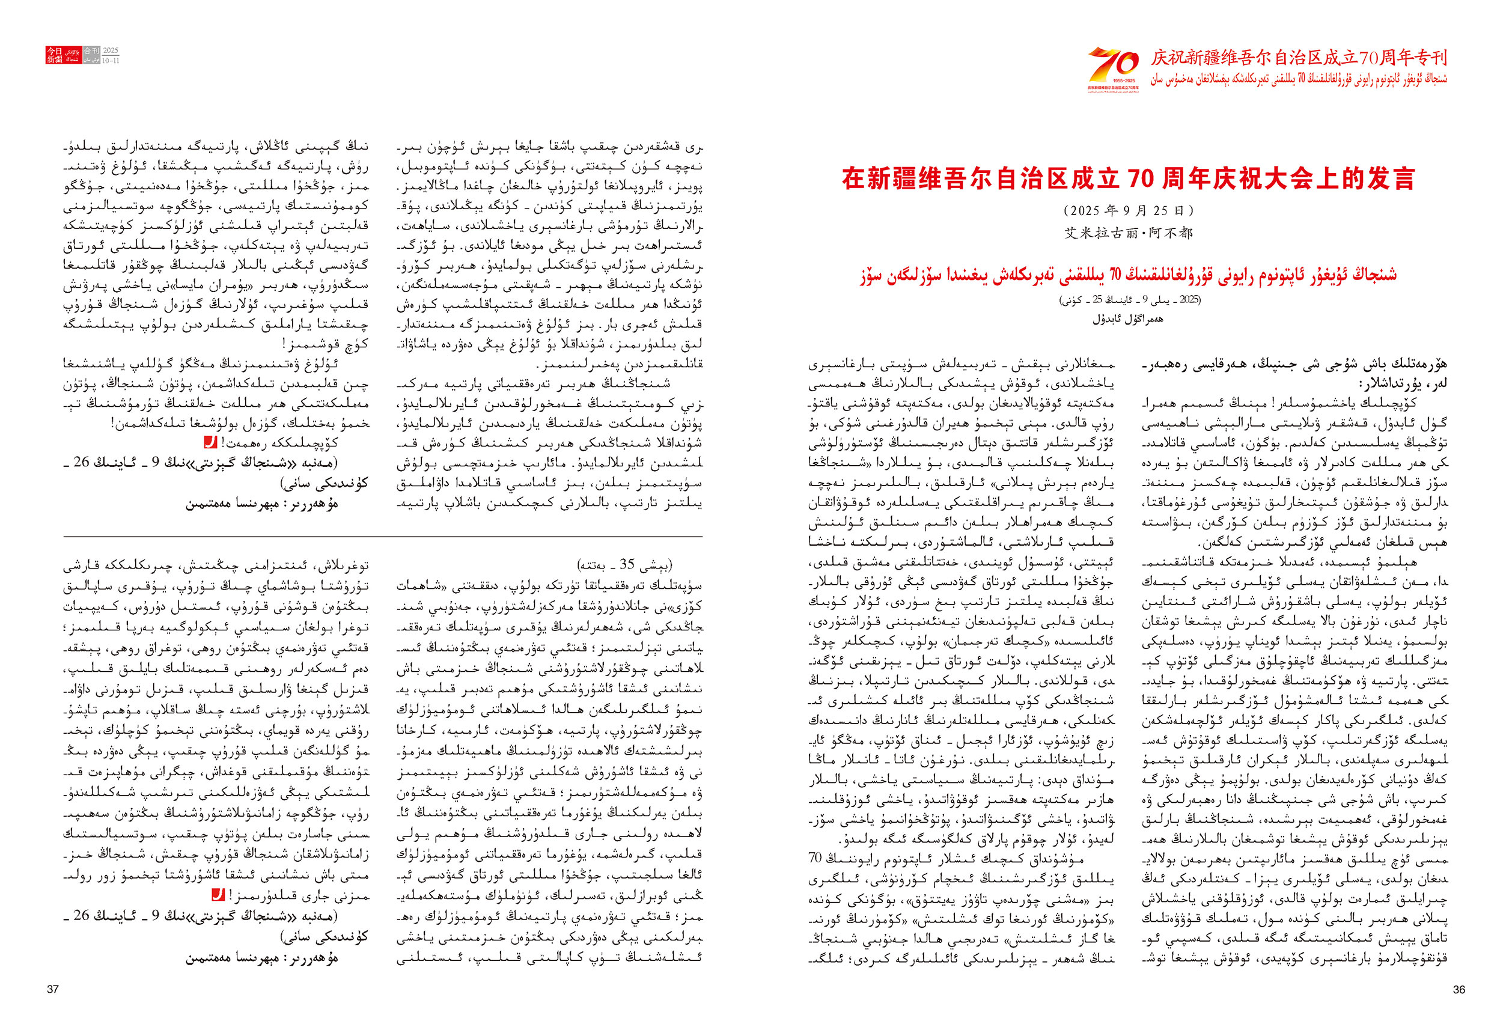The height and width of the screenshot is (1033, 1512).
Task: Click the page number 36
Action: (1459, 989)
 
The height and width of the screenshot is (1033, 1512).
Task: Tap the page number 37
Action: (53, 989)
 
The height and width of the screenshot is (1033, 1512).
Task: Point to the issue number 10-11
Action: (111, 61)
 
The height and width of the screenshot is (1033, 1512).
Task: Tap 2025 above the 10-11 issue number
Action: (111, 50)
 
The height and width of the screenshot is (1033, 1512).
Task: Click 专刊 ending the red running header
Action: (1431, 58)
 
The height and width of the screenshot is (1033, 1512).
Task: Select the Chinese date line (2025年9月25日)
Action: (1129, 211)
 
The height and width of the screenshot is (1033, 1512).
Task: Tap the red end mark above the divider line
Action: (210, 442)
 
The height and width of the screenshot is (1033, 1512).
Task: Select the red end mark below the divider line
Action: (219, 896)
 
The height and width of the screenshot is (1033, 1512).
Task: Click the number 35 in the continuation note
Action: (627, 564)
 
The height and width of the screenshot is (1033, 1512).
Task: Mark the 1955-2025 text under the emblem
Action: (1113, 81)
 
